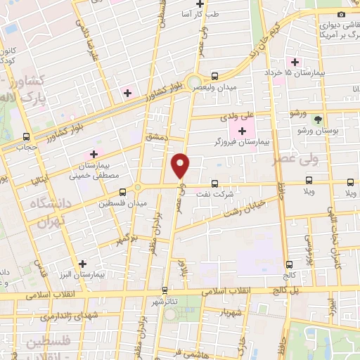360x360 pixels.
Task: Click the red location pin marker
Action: click(x=181, y=165)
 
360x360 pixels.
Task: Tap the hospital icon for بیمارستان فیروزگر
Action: click(x=242, y=130)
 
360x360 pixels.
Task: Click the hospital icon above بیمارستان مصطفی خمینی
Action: click(x=93, y=154)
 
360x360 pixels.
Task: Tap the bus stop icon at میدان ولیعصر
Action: click(x=214, y=76)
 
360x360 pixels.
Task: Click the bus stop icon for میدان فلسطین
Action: click(x=123, y=191)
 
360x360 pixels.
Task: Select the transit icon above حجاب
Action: click(x=27, y=137)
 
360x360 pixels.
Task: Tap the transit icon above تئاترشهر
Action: click(x=165, y=289)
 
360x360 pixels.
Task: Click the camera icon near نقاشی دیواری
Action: click(x=341, y=15)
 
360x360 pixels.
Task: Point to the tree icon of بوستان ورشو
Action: click(x=318, y=120)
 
